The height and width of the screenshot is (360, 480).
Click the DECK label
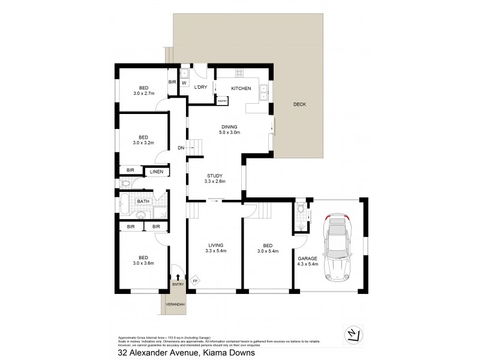[x=299, y=104]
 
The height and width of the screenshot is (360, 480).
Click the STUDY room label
[x=214, y=175]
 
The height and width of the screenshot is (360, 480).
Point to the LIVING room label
[x=215, y=244]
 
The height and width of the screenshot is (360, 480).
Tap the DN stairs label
[x=181, y=148]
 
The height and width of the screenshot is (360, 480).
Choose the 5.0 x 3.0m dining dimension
[x=230, y=133]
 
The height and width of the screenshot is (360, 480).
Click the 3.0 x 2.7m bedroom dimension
[x=144, y=94]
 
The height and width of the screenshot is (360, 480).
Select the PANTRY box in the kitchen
[x=221, y=101]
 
